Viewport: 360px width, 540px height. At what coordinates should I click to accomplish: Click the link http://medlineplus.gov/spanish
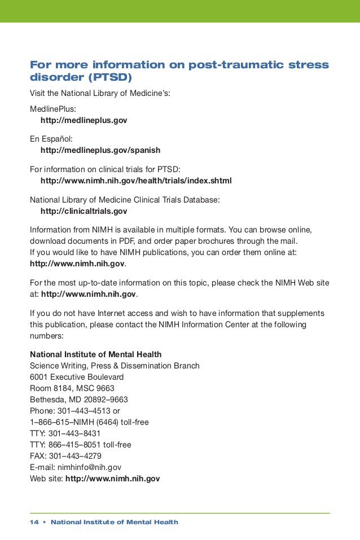[x=100, y=151]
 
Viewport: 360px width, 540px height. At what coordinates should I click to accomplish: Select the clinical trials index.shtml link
[x=136, y=181]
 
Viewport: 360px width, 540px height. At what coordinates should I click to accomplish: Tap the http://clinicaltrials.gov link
[x=84, y=212]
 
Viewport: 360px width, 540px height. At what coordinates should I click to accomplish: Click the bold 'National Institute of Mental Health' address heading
[x=95, y=354]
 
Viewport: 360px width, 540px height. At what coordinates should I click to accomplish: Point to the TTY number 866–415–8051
[x=74, y=445]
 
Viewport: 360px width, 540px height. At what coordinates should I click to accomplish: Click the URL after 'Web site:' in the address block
[x=112, y=478]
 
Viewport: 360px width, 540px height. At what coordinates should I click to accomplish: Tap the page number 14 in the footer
[x=34, y=523]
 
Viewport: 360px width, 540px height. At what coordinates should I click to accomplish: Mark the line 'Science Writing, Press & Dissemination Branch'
[x=114, y=366]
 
